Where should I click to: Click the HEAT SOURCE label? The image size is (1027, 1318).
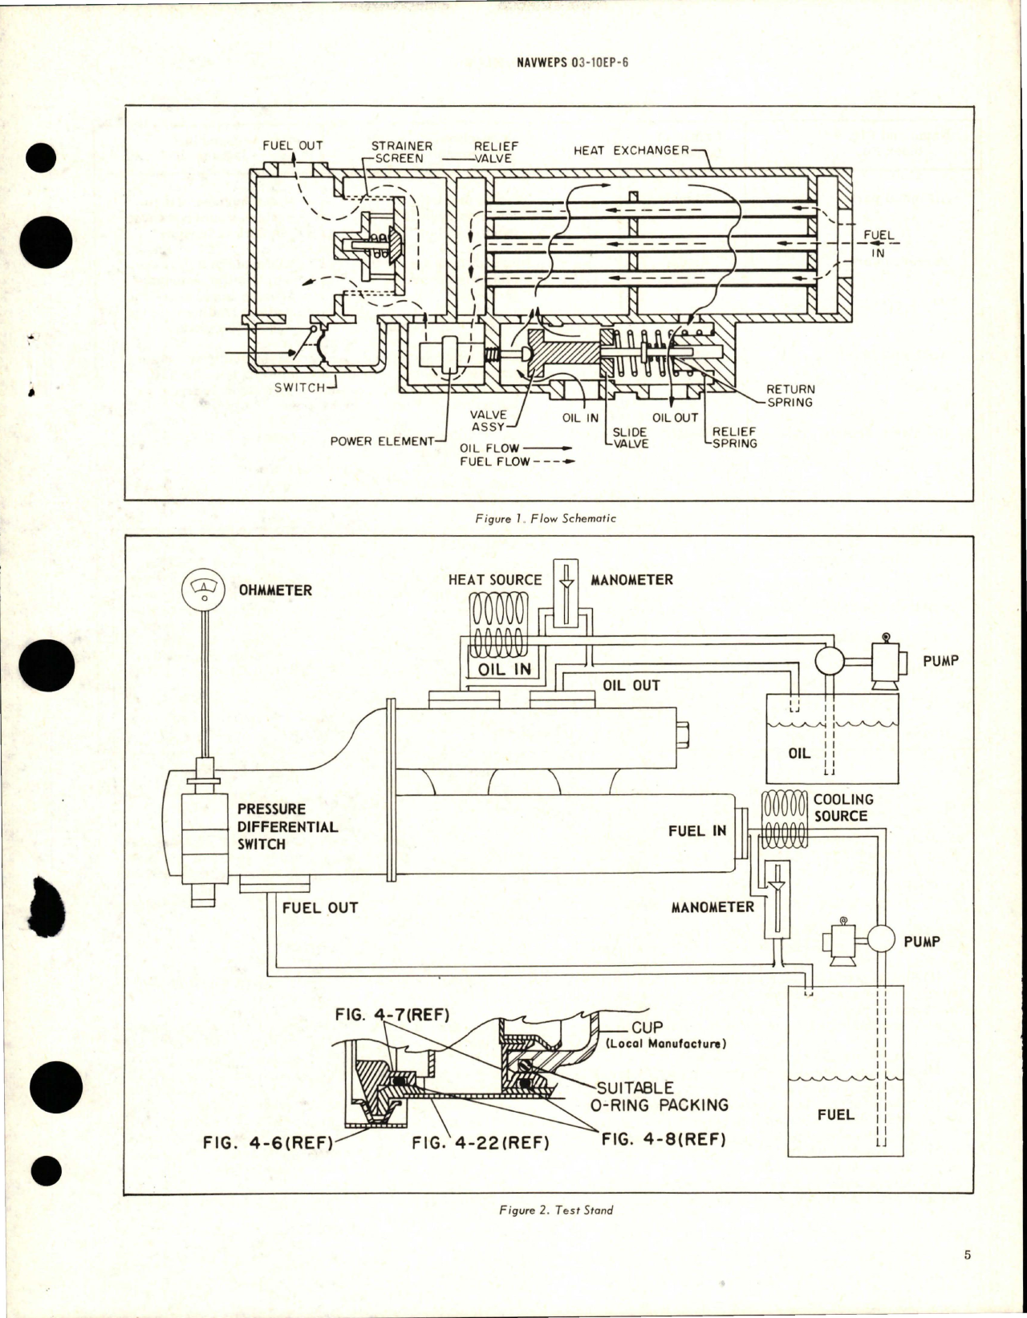coord(495,579)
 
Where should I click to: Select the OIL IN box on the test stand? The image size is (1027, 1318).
coord(505,668)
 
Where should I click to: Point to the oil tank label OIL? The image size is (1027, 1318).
coord(799,753)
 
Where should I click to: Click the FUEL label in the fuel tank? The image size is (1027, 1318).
coord(835,1114)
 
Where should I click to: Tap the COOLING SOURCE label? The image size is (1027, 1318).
coord(842,807)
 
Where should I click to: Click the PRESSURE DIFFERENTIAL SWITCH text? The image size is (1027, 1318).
coord(286,826)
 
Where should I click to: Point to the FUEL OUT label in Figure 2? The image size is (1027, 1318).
coord(319,907)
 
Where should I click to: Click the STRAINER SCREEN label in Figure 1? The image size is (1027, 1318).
coord(400,152)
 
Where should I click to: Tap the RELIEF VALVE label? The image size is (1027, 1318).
coord(495,152)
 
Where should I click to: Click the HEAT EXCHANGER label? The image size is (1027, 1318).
coord(631,150)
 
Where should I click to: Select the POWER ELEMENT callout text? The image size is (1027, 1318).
coord(381,441)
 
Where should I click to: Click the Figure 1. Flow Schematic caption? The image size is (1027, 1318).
coord(546,518)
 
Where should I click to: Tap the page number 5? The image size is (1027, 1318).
coord(968,1255)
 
